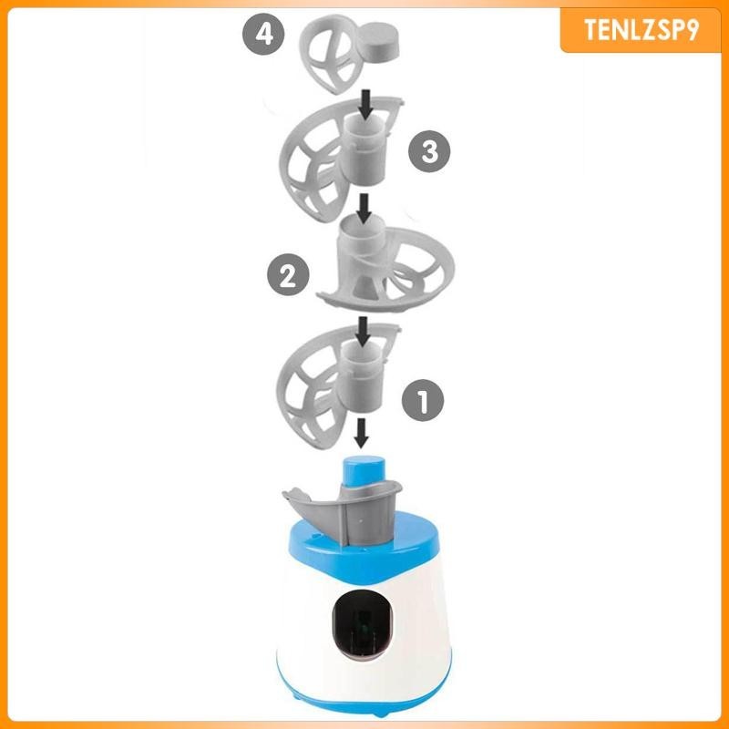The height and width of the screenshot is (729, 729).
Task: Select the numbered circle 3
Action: point(428,152)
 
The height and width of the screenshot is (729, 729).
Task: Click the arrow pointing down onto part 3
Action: point(364,102)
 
